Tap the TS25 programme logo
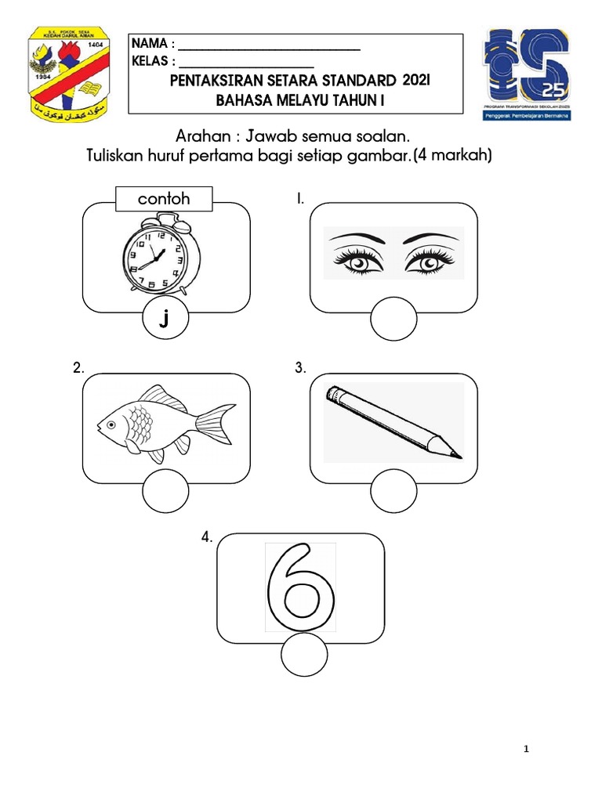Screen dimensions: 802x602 pyautogui.click(x=527, y=74)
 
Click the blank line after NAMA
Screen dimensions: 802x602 pyautogui.click(x=270, y=49)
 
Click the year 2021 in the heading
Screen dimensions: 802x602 pyautogui.click(x=418, y=81)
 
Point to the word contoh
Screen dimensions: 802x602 pyautogui.click(x=164, y=199)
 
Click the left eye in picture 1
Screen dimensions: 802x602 pyautogui.click(x=357, y=262)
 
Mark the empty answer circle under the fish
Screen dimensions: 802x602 pyautogui.click(x=165, y=494)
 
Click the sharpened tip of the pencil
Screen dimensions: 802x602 pyautogui.click(x=457, y=453)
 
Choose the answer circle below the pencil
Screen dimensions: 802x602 pyautogui.click(x=393, y=494)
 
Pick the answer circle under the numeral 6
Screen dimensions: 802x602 pyautogui.click(x=304, y=656)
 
